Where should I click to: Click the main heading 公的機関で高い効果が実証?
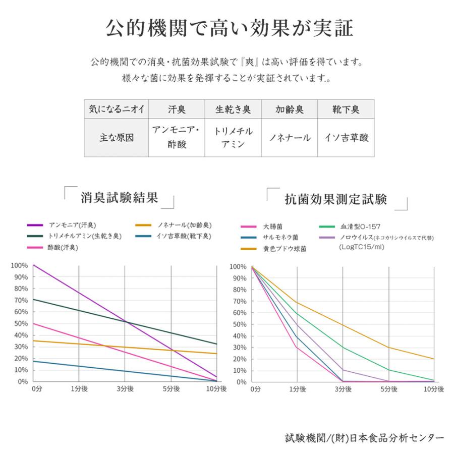click(x=229, y=28)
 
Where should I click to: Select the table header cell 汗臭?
click(x=177, y=109)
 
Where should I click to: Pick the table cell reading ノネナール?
click(x=289, y=137)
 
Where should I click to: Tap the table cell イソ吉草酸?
click(x=346, y=137)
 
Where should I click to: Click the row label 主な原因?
click(x=116, y=137)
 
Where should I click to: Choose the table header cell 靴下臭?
click(x=346, y=109)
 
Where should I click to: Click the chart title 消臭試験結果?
click(x=119, y=197)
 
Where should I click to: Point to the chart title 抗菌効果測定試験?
click(x=336, y=199)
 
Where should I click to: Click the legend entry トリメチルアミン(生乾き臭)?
click(x=84, y=236)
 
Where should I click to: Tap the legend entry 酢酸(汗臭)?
click(x=66, y=247)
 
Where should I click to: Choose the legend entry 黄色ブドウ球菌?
click(x=283, y=249)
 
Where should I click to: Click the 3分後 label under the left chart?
click(x=125, y=389)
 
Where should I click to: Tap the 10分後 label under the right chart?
click(x=433, y=389)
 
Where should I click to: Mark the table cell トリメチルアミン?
click(x=233, y=137)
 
